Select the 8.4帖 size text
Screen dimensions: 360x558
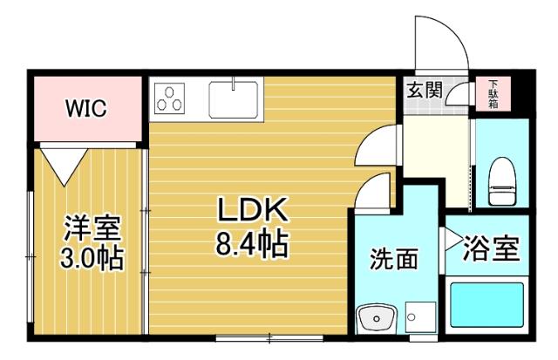tap(252, 243)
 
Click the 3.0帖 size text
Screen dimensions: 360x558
tap(91, 258)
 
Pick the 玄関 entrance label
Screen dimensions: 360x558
tap(424, 90)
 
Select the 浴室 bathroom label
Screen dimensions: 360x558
tap(490, 249)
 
